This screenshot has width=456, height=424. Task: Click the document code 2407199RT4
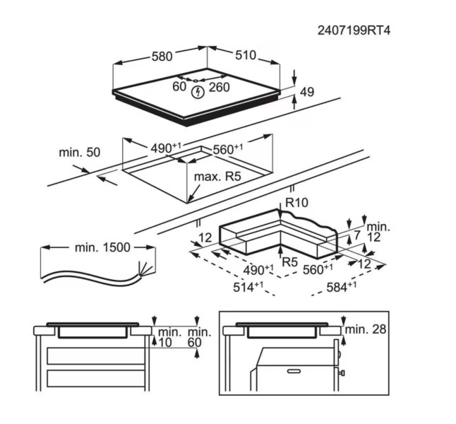[355, 31]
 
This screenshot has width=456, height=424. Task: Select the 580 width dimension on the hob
[162, 56]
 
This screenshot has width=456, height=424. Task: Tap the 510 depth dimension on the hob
[244, 56]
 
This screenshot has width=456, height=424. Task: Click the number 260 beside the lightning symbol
[220, 88]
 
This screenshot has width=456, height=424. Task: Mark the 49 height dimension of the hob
[306, 91]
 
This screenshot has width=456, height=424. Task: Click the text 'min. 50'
[80, 152]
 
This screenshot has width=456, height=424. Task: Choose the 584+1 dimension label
[342, 286]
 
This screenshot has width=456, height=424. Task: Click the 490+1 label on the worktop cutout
[167, 147]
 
